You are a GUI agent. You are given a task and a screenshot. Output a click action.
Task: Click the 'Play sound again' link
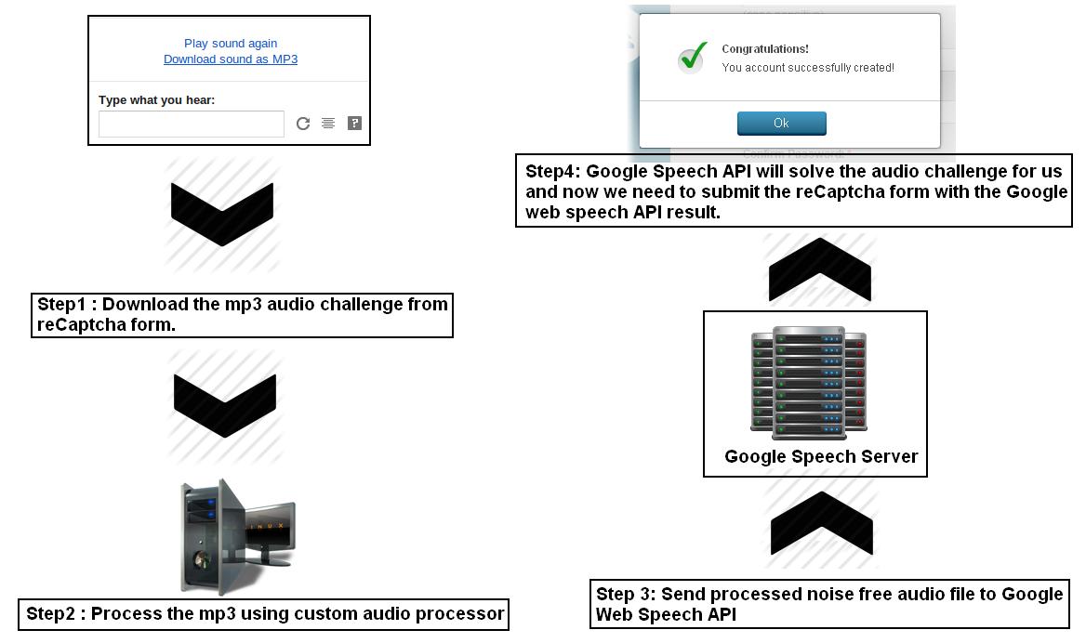[231, 43]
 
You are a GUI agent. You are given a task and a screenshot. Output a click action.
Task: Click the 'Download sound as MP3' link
[231, 59]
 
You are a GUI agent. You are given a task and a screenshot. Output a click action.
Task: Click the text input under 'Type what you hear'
[192, 124]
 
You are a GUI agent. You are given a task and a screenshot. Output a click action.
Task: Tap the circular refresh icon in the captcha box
[303, 124]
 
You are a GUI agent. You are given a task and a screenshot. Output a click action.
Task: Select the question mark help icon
[354, 123]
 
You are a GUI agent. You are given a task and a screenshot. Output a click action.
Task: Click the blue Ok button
[781, 123]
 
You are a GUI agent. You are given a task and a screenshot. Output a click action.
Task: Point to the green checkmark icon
[692, 59]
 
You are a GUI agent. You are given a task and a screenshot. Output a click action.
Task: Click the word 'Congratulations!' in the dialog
[765, 49]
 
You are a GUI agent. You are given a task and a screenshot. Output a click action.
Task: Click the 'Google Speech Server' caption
[821, 456]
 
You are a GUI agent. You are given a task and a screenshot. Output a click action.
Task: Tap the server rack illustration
[808, 382]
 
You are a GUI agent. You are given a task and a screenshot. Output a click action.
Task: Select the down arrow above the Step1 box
[222, 214]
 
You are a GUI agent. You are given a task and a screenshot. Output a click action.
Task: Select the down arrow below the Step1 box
[225, 405]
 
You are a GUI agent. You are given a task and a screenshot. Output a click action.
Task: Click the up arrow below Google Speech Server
[822, 523]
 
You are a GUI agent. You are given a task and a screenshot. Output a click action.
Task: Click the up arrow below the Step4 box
[819, 269]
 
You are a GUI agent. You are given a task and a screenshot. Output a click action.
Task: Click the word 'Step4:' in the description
[552, 172]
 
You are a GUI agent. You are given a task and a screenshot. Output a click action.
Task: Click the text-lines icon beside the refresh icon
[328, 124]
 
